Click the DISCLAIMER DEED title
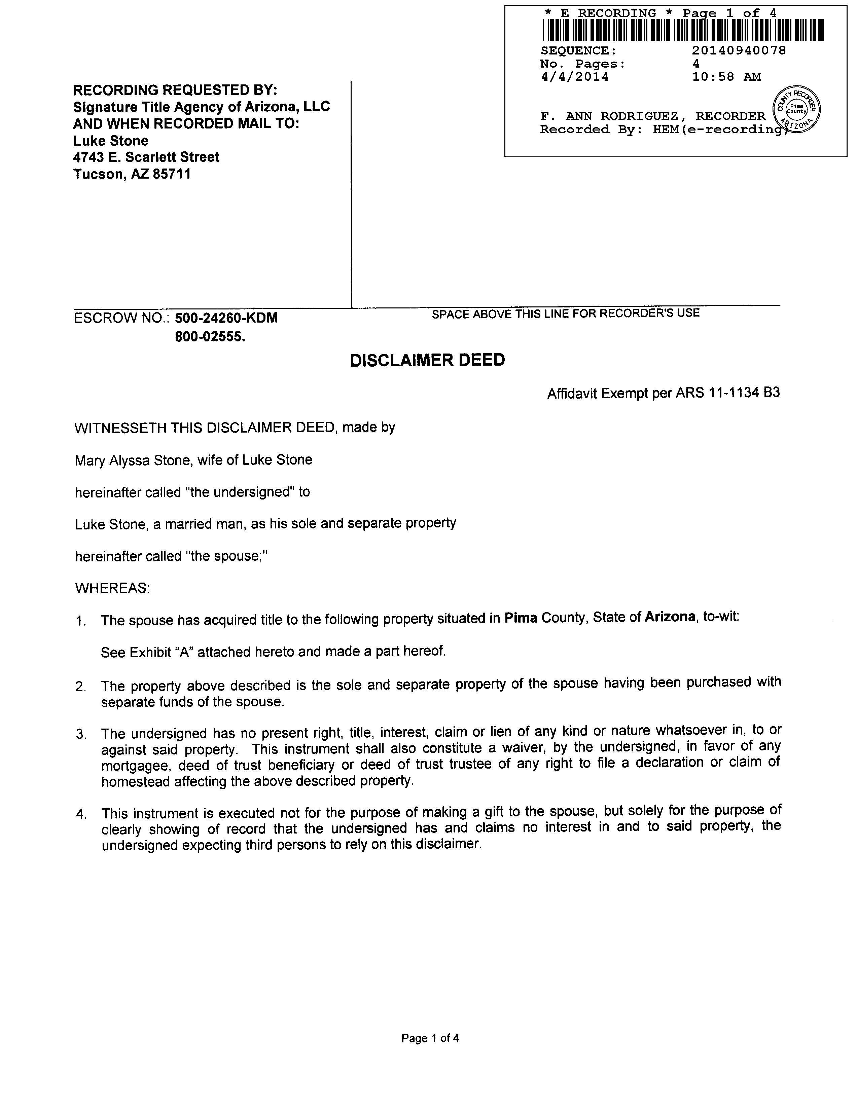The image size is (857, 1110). coord(427,360)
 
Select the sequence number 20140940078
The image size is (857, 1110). coord(739,50)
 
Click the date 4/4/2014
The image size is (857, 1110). coord(574,77)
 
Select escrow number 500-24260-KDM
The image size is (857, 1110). coord(226,318)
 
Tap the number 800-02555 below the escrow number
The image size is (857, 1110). coord(209,336)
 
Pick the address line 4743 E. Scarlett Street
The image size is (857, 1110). coord(146,157)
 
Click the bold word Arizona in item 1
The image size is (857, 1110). coord(670,617)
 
